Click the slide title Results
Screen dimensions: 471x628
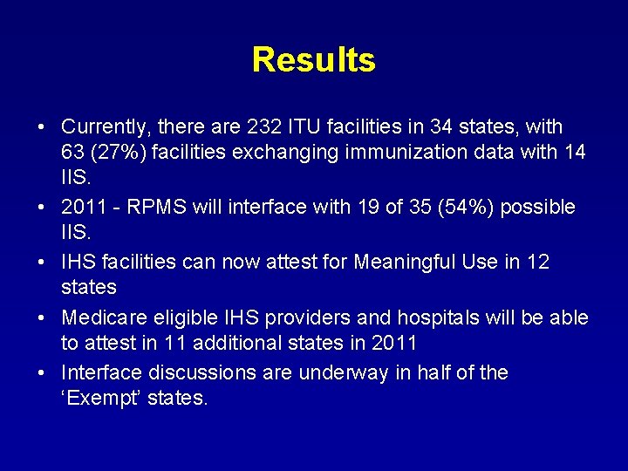pyautogui.click(x=313, y=60)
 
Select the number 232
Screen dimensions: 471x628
pyautogui.click(x=264, y=127)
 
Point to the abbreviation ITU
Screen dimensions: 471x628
pyautogui.click(x=307, y=127)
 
